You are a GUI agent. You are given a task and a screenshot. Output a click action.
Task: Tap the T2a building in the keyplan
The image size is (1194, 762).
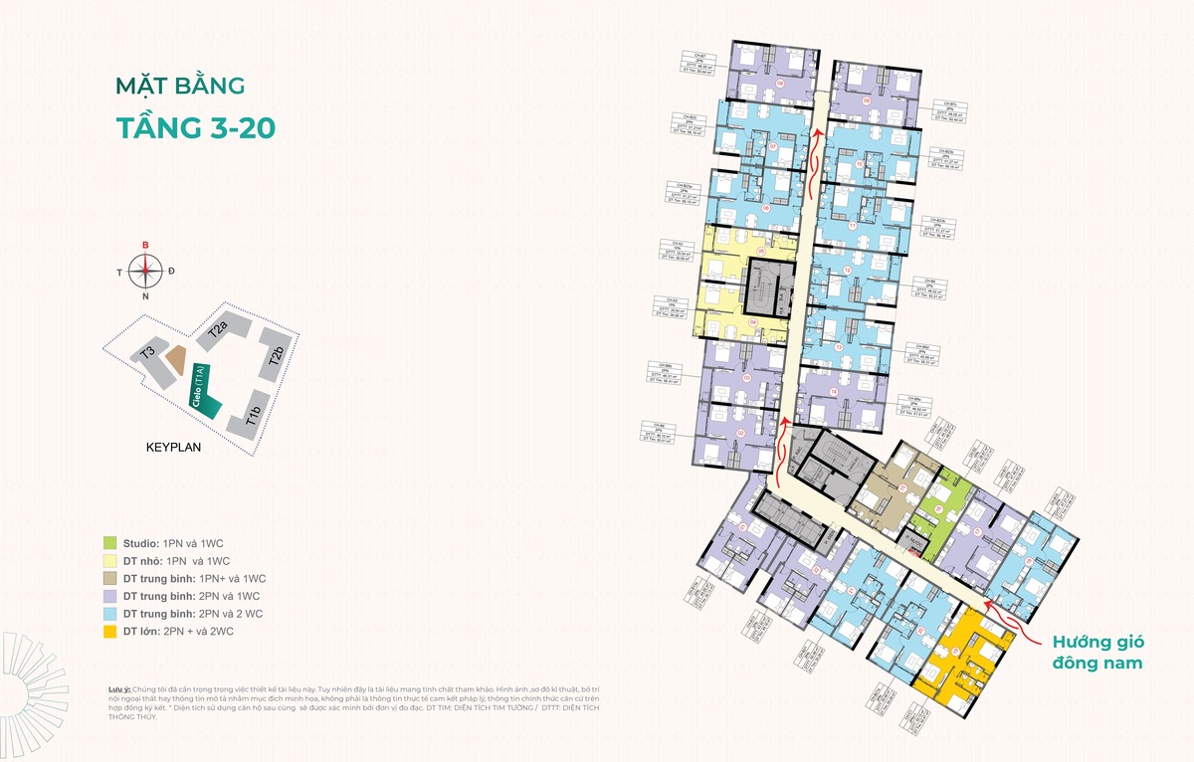(218, 331)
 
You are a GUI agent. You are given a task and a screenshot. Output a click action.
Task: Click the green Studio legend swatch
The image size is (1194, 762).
(109, 542)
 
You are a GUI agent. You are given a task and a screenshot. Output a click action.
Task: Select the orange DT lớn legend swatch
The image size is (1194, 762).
(109, 632)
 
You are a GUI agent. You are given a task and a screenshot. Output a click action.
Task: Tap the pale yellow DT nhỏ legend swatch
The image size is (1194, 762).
(109, 560)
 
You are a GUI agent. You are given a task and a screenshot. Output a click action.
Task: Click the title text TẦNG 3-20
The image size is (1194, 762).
(195, 128)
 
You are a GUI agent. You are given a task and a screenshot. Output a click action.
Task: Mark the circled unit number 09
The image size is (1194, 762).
(867, 101)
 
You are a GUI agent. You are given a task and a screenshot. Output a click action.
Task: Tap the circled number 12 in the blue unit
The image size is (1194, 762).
(847, 271)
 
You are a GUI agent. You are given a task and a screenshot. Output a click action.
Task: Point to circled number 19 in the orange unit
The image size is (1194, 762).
(956, 651)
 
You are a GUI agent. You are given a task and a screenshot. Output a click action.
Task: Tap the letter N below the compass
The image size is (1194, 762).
(145, 295)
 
